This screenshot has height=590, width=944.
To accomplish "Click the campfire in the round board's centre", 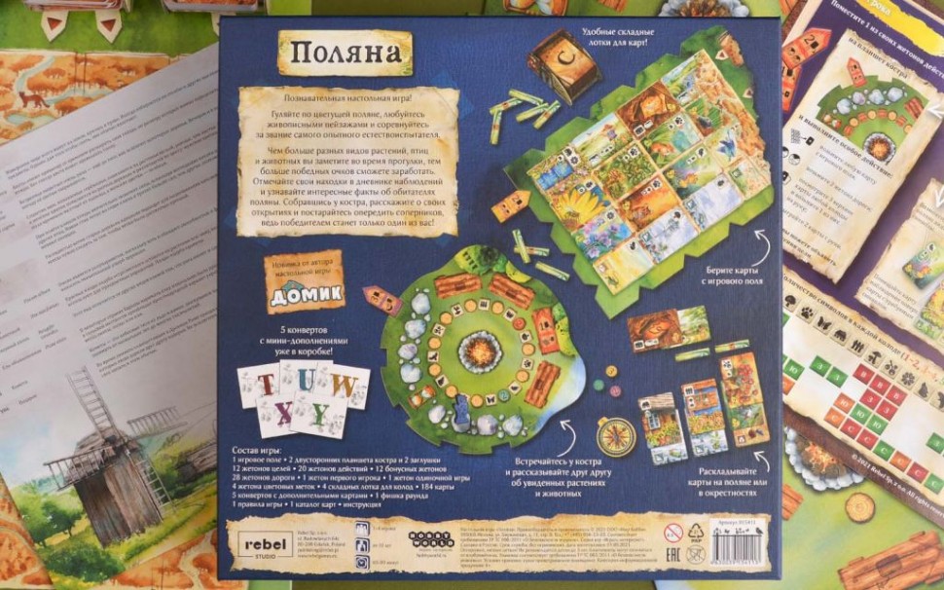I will tap(479, 348).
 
